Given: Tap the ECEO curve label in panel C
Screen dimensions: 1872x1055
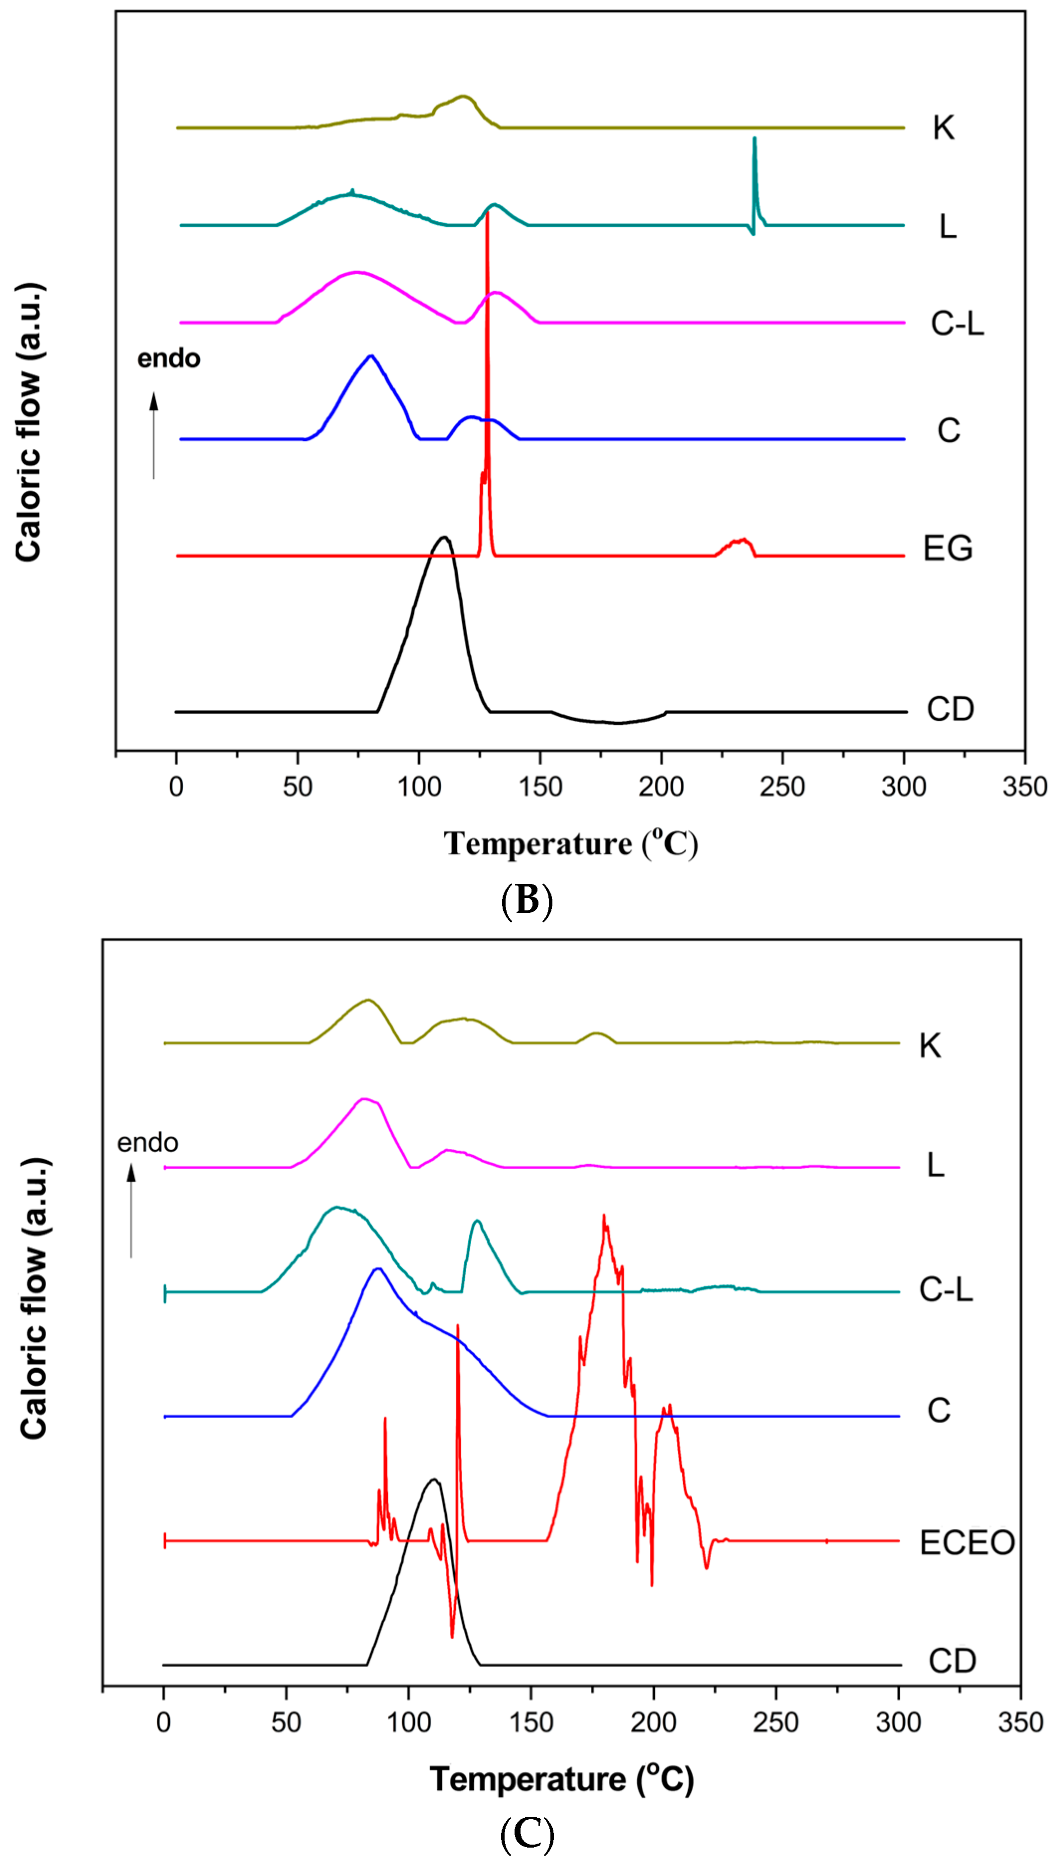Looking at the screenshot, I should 966,1542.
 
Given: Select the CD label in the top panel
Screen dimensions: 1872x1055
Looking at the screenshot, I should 949,709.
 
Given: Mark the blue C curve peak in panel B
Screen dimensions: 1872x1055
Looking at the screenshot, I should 371,356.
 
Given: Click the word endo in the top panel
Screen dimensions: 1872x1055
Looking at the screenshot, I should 169,358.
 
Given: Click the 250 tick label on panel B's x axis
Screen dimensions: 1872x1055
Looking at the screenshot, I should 782,787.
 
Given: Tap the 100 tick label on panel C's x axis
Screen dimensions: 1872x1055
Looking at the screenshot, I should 409,1722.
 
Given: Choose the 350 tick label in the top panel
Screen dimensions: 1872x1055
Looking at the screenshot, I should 1025,787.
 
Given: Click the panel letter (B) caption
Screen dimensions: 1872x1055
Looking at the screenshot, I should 527,900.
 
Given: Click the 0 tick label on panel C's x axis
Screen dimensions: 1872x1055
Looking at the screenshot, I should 164,1722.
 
